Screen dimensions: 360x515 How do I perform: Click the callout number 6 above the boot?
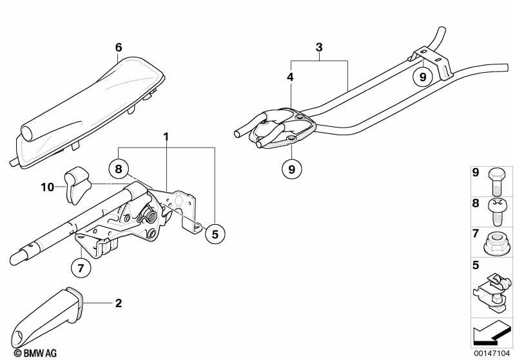tap(118, 48)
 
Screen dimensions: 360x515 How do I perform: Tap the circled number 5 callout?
tap(215, 234)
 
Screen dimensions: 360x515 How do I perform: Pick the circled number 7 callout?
tap(81, 269)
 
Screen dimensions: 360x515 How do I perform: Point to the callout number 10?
tap(48, 187)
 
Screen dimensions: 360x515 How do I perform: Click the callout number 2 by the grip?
tap(118, 302)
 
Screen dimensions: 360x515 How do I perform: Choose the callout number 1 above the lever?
tap(166, 137)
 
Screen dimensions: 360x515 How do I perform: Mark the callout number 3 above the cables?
tap(318, 48)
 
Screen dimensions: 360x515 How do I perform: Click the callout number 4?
tap(290, 77)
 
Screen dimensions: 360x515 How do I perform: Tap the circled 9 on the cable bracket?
tap(422, 77)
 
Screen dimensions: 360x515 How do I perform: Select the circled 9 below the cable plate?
tap(291, 169)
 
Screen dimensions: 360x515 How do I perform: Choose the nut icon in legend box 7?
tap(498, 244)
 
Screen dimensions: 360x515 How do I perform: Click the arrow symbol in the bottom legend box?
tap(491, 333)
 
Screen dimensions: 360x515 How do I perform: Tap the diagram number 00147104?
tap(492, 353)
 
